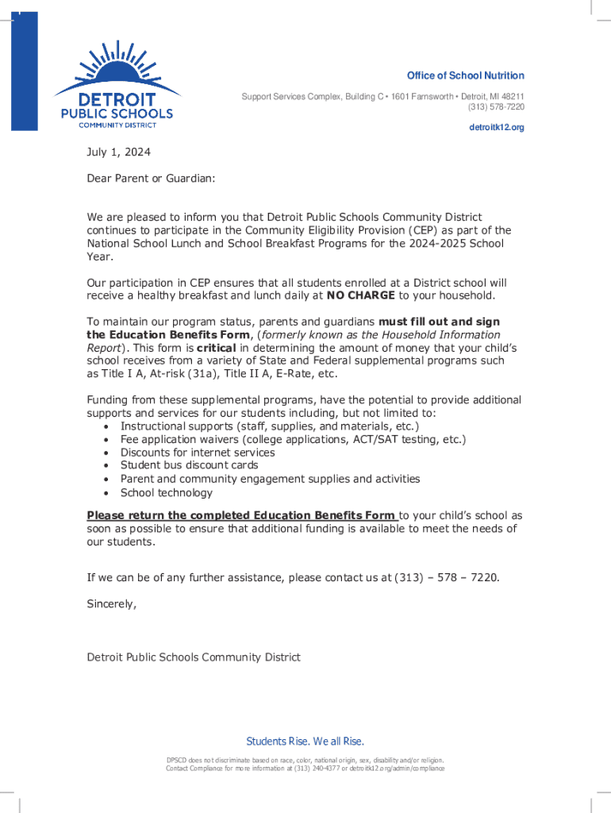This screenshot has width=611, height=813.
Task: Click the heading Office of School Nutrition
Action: [x=465, y=75]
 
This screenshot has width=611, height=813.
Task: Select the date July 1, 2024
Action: [x=118, y=152]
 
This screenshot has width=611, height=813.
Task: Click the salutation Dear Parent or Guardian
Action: [x=151, y=179]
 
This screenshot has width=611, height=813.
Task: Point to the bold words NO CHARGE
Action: [x=360, y=295]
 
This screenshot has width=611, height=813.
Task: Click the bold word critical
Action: [x=217, y=348]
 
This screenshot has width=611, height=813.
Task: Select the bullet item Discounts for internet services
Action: [x=198, y=453]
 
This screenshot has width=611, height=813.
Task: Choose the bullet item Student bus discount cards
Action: [x=189, y=465]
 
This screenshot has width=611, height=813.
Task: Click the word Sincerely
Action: [x=111, y=603]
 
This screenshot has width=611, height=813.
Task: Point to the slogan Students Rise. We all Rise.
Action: [x=305, y=742]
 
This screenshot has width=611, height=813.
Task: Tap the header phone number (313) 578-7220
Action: [x=495, y=107]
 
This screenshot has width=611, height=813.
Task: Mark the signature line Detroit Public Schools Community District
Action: [x=194, y=657]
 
